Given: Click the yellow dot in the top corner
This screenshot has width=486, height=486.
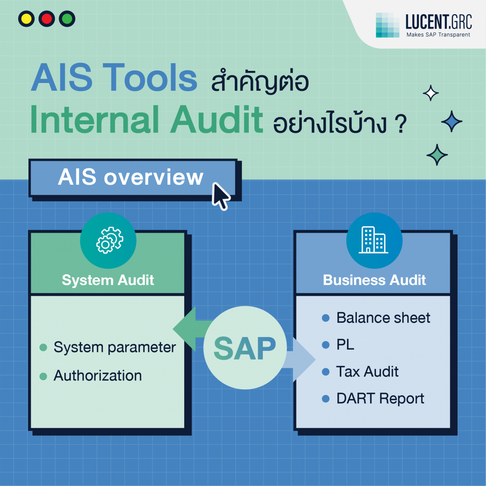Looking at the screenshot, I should pos(26,19).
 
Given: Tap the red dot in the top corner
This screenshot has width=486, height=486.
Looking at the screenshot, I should pos(47,19).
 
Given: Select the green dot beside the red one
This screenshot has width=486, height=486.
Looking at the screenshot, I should pos(67,19).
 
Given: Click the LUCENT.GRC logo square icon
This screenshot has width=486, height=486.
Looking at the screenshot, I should pos(387,25).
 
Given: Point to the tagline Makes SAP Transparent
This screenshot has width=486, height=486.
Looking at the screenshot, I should pos(438,35).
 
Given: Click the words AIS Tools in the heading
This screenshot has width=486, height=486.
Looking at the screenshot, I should pos(114,78).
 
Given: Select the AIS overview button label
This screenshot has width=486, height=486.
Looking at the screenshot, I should pos(130,177).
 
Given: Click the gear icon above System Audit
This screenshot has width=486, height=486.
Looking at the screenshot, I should pos(108,241).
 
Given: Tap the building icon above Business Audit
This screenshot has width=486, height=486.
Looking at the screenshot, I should pos(374,240).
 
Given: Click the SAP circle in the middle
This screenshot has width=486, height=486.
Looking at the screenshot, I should pos(245,348).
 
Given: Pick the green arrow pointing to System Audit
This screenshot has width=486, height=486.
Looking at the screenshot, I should pos(190,329).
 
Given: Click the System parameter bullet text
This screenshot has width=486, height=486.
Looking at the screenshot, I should pos(115,347).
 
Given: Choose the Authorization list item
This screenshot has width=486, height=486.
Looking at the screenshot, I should pos(98,376).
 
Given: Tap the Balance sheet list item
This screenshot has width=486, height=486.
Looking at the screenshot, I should pos(383,318).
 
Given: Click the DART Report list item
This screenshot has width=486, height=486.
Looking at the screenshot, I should pos(380,399).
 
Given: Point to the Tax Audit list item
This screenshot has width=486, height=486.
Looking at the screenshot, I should pos(367,372).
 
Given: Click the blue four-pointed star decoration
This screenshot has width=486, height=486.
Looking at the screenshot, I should pos(451,121).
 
